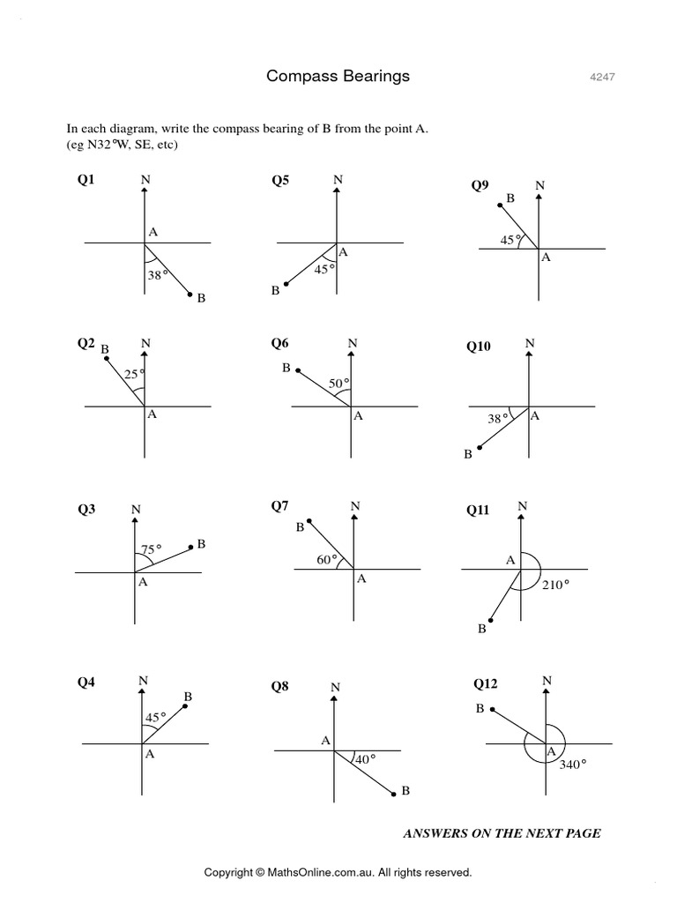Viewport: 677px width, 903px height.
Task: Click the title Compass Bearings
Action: click(x=338, y=76)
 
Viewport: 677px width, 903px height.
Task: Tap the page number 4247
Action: click(x=602, y=77)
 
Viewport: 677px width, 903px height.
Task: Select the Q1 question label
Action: click(x=86, y=180)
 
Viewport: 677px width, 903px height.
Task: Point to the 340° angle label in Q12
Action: click(x=573, y=765)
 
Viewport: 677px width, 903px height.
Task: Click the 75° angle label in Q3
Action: click(x=151, y=549)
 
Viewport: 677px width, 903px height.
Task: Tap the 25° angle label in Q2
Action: click(x=133, y=375)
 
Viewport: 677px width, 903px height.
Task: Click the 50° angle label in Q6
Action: click(x=339, y=383)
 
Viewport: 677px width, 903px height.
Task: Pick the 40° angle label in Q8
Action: click(x=365, y=758)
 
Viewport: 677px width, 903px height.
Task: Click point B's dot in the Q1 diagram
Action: click(x=190, y=295)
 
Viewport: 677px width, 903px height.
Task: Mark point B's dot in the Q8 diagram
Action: click(x=392, y=795)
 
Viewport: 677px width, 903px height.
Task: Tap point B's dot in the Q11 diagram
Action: click(x=490, y=622)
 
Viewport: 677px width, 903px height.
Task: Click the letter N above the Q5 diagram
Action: click(x=337, y=180)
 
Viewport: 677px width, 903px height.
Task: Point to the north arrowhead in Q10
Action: click(x=528, y=354)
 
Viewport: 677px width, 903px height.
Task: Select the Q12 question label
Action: click(x=486, y=683)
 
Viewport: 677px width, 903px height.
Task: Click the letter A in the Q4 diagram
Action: click(x=150, y=754)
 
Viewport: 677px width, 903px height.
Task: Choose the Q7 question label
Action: click(x=280, y=505)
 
